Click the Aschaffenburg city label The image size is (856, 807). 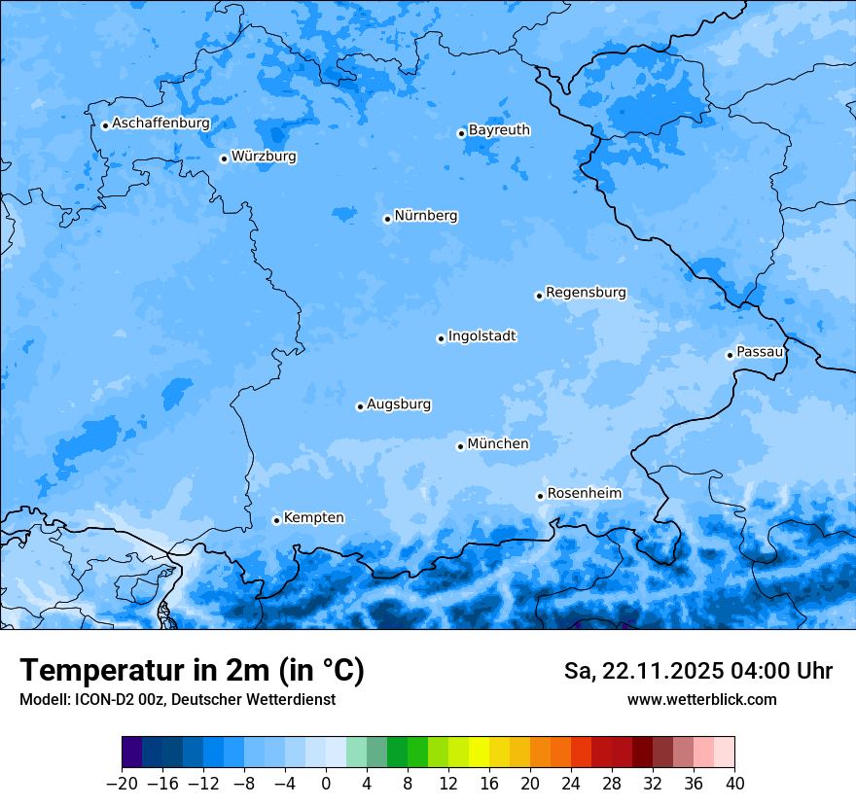tap(160, 123)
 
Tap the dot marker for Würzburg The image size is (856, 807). tap(224, 158)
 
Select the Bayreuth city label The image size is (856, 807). tap(499, 130)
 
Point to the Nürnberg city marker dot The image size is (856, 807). tap(387, 219)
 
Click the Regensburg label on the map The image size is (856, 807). tap(586, 293)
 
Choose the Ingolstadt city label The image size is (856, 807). tap(481, 336)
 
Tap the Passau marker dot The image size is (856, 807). tap(730, 355)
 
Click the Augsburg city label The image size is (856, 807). tap(399, 404)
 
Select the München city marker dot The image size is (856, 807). tap(460, 446)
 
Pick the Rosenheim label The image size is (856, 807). tap(584, 494)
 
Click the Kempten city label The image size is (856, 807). tap(313, 518)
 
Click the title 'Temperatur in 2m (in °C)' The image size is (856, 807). tap(192, 671)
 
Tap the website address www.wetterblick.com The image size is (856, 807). tap(701, 700)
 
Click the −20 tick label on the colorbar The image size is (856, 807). tap(122, 784)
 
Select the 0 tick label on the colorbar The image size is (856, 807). tap(326, 784)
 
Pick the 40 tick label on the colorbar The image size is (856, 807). tap(734, 784)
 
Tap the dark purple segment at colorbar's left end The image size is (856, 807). tap(132, 753)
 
